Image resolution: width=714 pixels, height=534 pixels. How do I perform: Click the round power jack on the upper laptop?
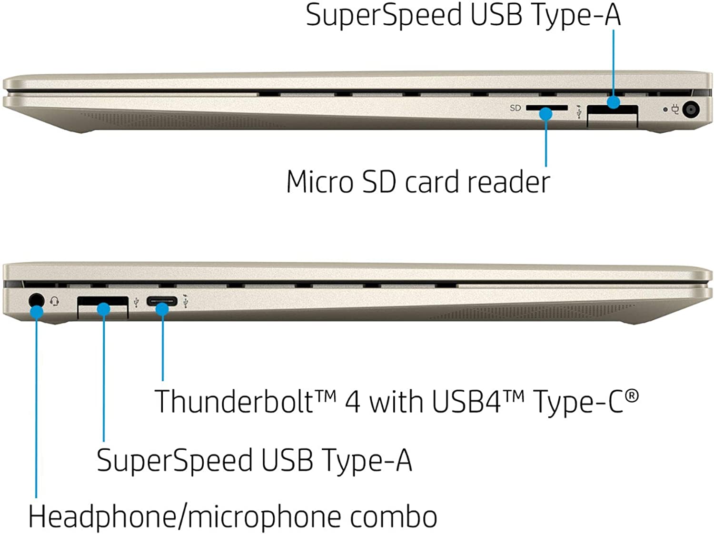tap(691, 110)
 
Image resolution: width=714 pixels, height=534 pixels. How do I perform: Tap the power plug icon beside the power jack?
tap(675, 109)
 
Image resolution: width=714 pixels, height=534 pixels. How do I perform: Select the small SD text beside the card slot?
tap(515, 108)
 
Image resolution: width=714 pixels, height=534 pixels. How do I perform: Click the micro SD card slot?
tap(546, 109)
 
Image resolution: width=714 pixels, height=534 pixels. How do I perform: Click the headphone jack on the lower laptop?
tap(36, 300)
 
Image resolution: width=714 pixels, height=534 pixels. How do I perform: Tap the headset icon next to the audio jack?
tap(55, 301)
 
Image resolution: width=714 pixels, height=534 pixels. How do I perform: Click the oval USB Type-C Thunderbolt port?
tap(162, 301)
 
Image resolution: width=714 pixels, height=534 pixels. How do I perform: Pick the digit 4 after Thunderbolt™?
tap(352, 402)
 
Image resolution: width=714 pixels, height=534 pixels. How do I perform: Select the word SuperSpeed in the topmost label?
tap(383, 15)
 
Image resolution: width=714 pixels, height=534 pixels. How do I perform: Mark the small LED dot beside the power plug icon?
tap(665, 109)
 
